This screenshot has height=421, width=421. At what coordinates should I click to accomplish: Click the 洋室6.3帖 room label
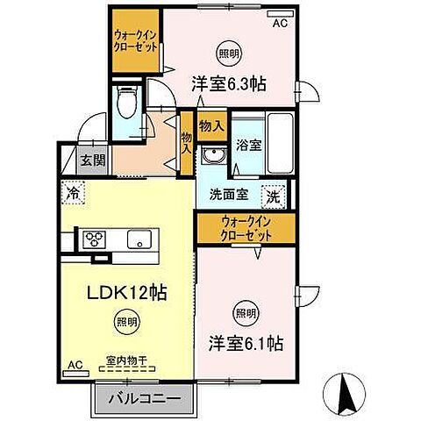[229, 83]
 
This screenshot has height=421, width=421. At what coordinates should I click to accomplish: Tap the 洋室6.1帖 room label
[245, 340]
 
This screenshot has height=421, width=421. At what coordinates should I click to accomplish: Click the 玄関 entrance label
[88, 160]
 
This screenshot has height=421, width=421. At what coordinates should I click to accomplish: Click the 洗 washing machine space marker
[274, 197]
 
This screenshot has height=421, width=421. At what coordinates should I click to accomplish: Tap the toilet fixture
[125, 108]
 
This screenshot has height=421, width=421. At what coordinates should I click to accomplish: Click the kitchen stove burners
[94, 239]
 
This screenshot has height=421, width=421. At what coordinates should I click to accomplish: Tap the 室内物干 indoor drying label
[126, 359]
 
